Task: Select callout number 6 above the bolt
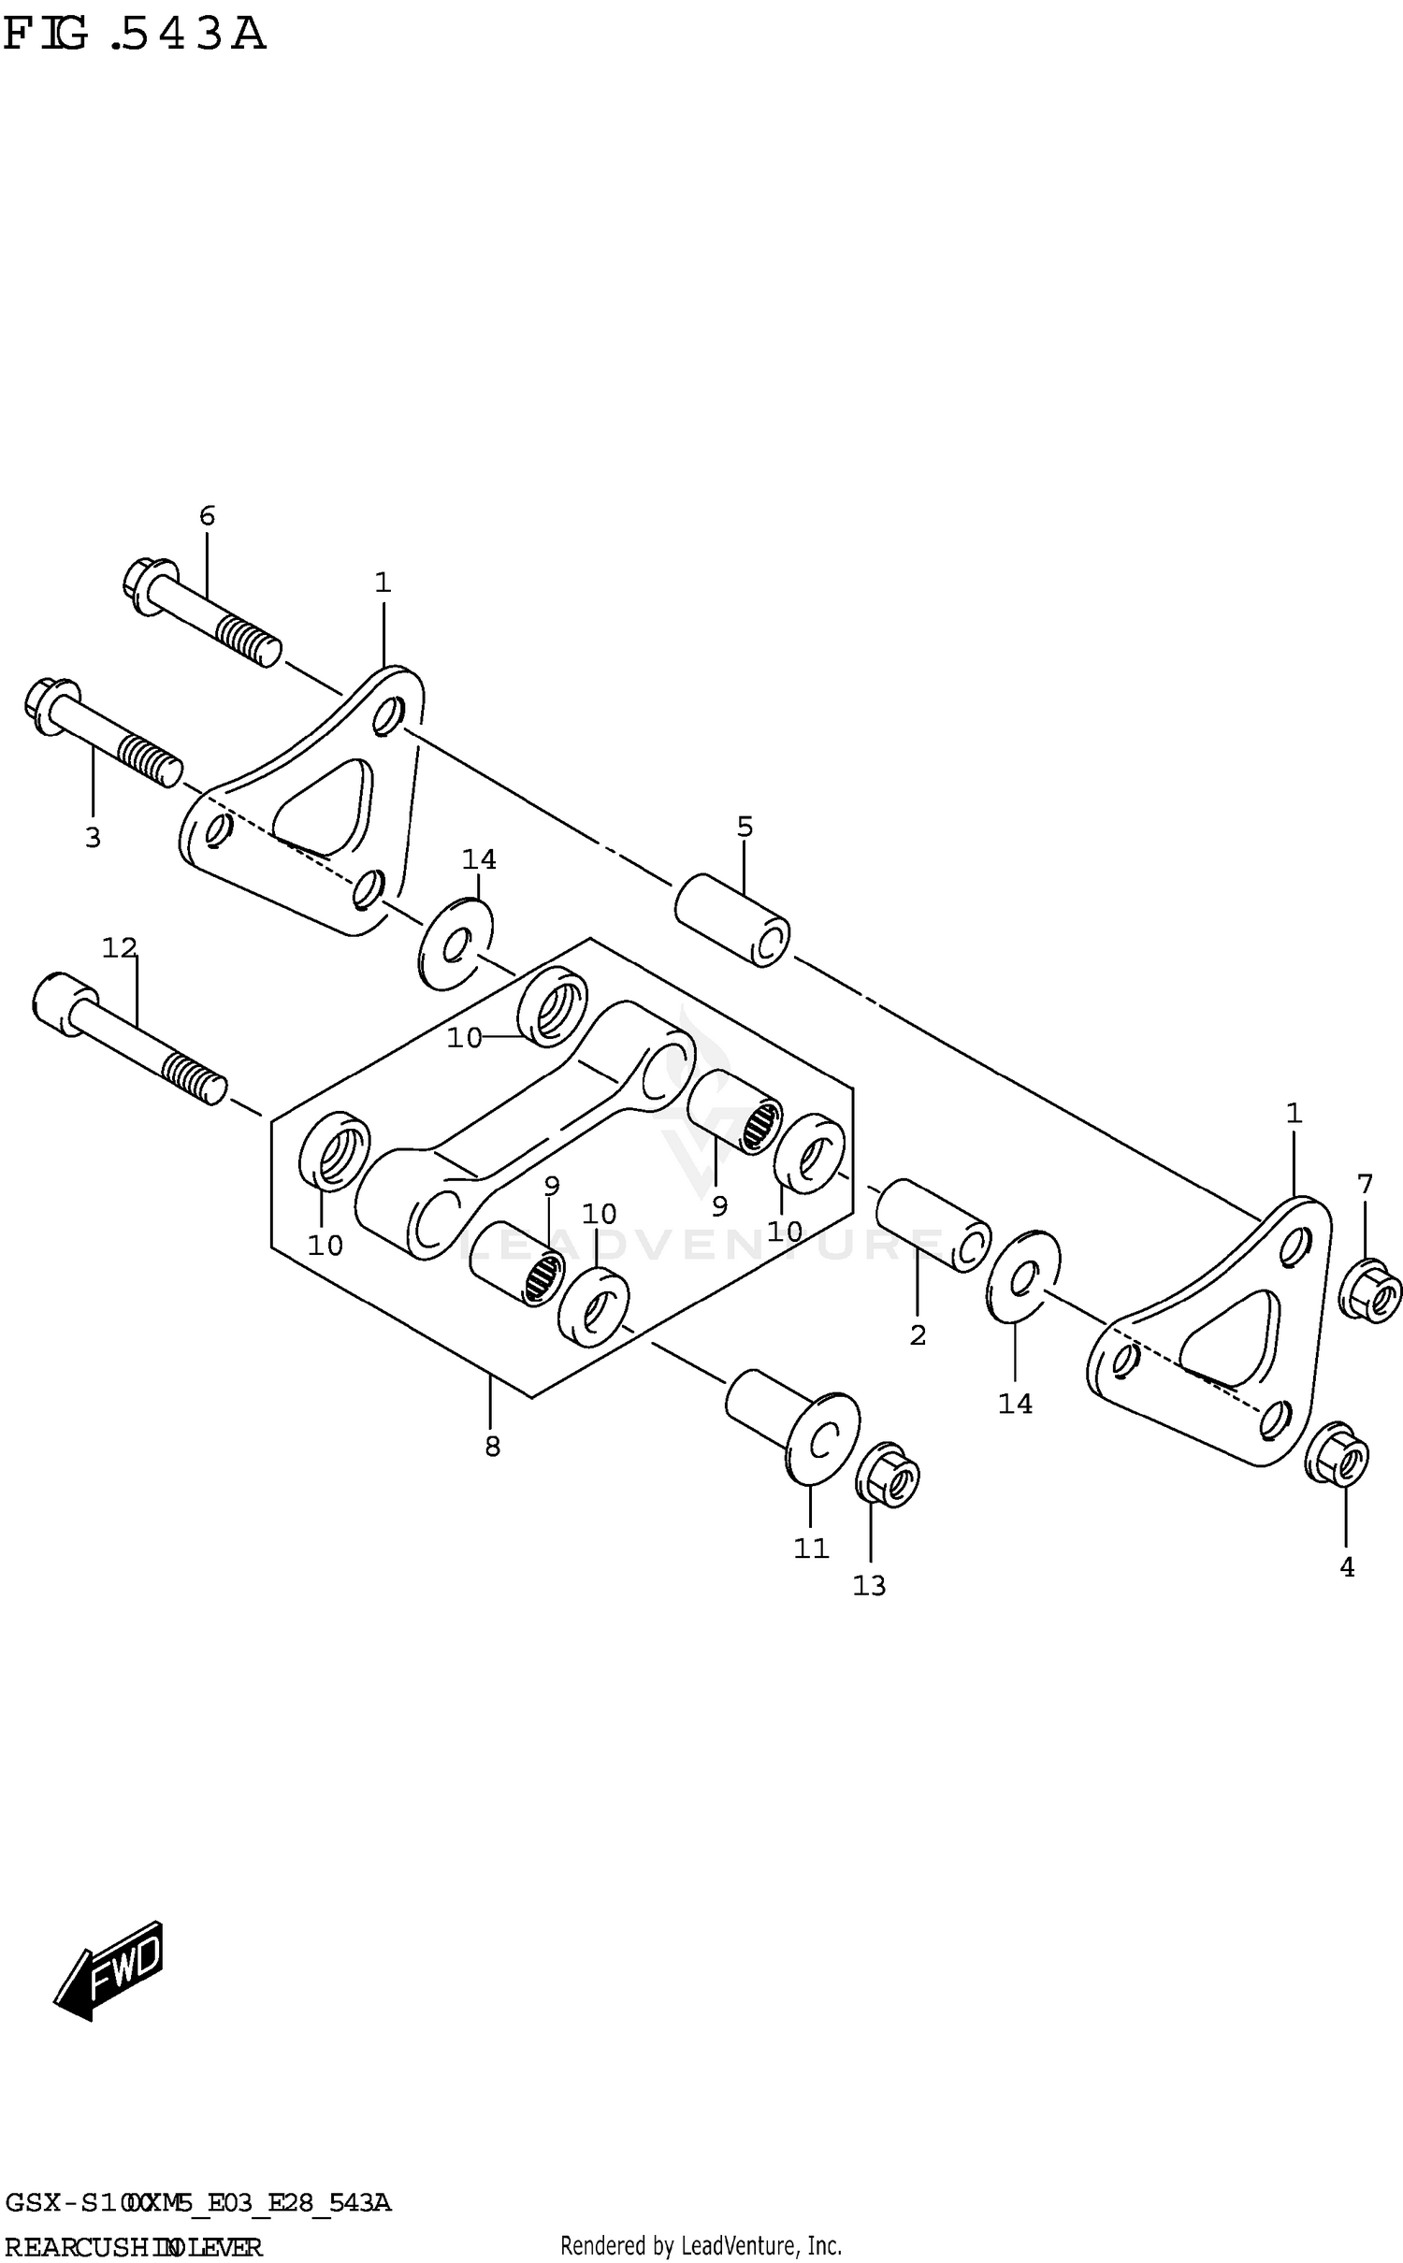point(207,515)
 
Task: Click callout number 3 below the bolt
point(93,838)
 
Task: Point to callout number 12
point(119,948)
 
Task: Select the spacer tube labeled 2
point(932,1226)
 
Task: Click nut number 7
point(1370,1291)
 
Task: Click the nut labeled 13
point(888,1476)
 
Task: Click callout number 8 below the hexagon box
point(492,1447)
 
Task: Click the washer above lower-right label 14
point(1023,1276)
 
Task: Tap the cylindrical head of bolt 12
point(64,1002)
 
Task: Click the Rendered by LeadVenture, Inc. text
point(701,2244)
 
